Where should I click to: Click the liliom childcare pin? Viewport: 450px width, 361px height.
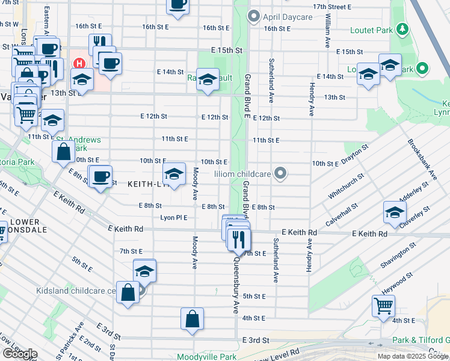[x=280, y=174]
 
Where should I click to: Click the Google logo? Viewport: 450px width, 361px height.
[x=19, y=354]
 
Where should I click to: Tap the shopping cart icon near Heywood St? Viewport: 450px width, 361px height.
[x=383, y=305]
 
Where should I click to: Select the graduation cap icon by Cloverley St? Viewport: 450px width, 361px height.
[x=395, y=212]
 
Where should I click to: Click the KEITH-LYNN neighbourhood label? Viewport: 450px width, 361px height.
[x=144, y=186]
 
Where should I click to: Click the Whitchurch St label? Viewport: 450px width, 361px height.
[x=347, y=188]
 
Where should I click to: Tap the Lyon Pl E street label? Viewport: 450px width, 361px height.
[x=174, y=218]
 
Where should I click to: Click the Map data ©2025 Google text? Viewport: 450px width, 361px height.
[x=413, y=356]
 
